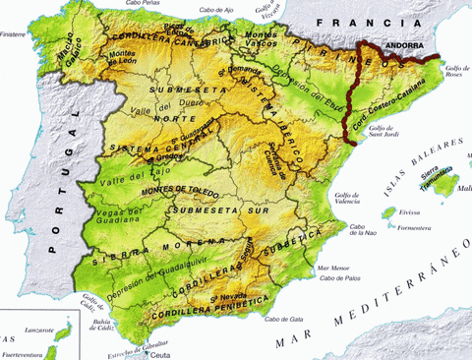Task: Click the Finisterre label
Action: pos(15,33)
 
